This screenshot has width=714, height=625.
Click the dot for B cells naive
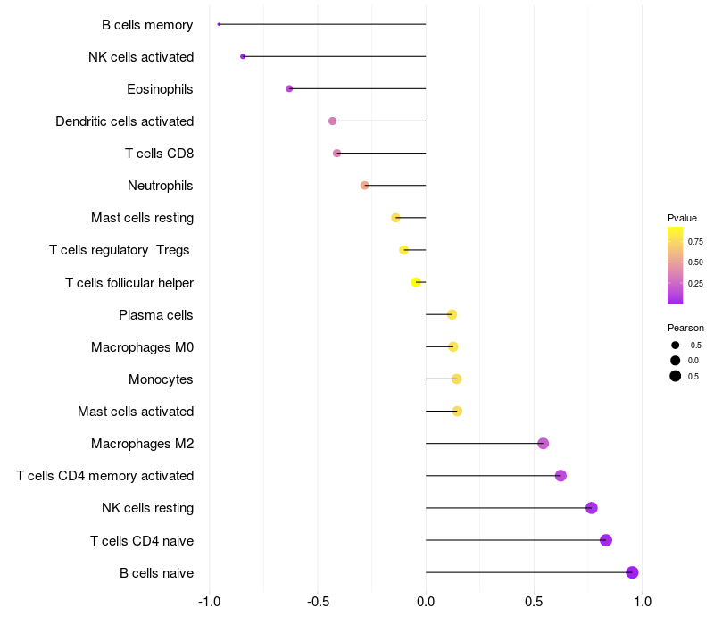632,572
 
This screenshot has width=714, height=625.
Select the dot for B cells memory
219,24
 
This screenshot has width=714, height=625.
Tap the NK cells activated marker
243,56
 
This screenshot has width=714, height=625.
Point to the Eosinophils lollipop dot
289,88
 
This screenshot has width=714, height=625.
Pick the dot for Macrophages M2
543,444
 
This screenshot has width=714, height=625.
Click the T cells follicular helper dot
416,282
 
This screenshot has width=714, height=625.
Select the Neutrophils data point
364,186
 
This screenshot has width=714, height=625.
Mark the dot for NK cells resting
591,508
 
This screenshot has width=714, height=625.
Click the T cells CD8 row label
159,154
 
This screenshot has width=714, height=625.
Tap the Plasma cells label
156,315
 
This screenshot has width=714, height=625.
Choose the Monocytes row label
161,379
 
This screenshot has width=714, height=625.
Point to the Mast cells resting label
142,218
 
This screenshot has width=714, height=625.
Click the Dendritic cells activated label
124,121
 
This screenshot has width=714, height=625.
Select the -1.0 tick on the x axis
209,602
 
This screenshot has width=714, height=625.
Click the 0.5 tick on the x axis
534,602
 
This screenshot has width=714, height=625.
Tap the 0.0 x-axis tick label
426,602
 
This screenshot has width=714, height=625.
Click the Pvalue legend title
682,218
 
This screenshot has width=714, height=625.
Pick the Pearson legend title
685,328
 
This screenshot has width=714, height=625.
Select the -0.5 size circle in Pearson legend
676,345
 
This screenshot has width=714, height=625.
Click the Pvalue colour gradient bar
676,265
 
